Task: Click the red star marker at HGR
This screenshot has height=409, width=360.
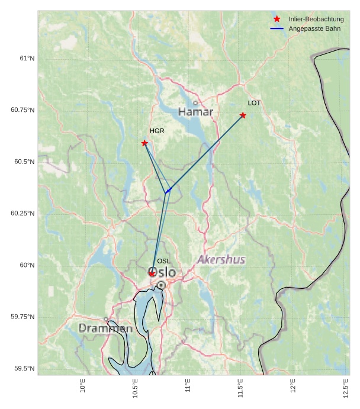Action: point(144,143)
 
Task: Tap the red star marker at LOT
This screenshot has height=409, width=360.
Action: point(243,115)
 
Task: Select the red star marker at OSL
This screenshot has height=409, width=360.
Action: point(152,273)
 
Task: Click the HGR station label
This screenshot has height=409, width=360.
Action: point(157,131)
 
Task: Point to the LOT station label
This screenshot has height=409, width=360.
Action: point(254,103)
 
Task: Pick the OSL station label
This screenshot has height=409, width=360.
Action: point(163,261)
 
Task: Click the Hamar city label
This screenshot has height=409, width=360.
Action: point(195,112)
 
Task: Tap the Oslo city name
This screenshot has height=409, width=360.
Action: point(162,272)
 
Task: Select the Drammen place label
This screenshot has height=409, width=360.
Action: point(105,328)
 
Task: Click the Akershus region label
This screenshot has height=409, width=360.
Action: point(221,260)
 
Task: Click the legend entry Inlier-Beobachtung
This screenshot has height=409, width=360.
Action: point(316,20)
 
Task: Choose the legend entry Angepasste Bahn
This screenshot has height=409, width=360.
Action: point(314,28)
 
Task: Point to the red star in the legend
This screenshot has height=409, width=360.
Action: point(277,19)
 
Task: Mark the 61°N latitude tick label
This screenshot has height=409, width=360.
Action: point(27,58)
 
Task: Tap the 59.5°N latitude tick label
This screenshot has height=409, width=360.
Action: point(24,368)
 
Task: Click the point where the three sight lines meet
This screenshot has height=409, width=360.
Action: point(165,193)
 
